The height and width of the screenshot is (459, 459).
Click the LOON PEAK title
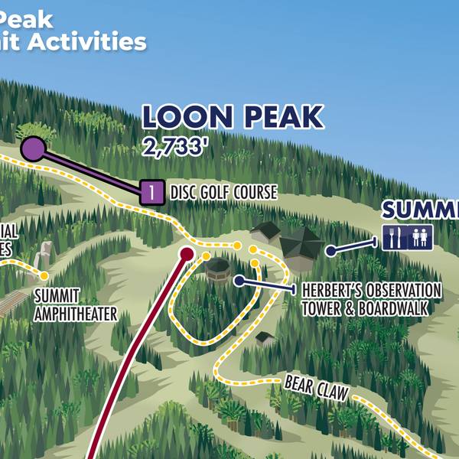233,117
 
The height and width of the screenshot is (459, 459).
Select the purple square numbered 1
153,192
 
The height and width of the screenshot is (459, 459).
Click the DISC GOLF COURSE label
223,192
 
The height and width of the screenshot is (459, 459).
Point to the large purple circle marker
33,148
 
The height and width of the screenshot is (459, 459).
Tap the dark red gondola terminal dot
186,252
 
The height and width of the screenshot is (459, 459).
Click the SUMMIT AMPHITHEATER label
76,304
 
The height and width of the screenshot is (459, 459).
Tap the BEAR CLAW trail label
316,388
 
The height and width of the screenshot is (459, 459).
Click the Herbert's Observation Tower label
372,291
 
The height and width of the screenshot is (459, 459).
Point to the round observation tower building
218,269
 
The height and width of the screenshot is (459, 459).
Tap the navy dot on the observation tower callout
239,281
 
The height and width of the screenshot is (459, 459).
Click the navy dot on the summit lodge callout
330,250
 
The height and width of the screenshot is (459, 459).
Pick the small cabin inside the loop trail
265,337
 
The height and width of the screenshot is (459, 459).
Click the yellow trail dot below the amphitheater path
44,275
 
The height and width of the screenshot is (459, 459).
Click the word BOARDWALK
402,308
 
